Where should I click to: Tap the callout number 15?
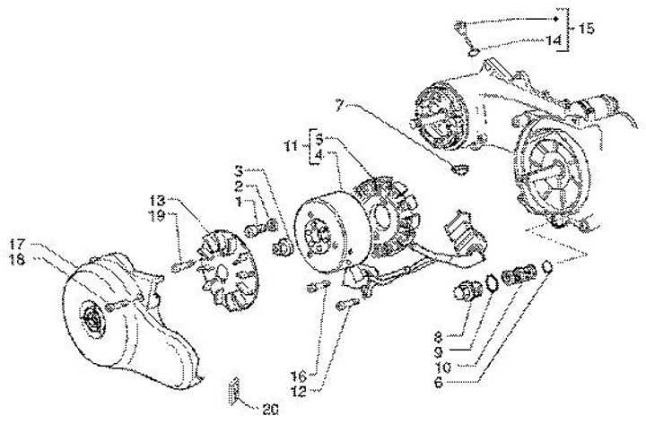coord(586,29)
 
